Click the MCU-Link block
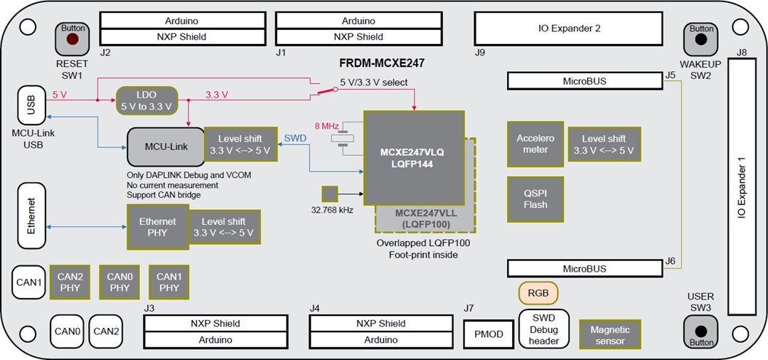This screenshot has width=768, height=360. pyautogui.click(x=165, y=147)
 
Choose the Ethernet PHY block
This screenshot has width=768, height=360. pyautogui.click(x=158, y=226)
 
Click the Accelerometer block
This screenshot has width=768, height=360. pyautogui.click(x=535, y=144)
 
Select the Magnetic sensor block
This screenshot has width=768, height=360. pyautogui.click(x=609, y=335)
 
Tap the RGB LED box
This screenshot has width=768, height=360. pyautogui.click(x=538, y=293)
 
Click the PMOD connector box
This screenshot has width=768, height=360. pyautogui.click(x=488, y=334)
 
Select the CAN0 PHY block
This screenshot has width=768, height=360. pyautogui.click(x=120, y=282)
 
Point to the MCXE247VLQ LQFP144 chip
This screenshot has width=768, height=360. pyautogui.click(x=414, y=157)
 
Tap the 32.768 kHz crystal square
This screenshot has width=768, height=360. pyautogui.click(x=329, y=193)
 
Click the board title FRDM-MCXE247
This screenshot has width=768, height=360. pyautogui.click(x=382, y=63)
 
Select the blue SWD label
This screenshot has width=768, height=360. pyautogui.click(x=295, y=137)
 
